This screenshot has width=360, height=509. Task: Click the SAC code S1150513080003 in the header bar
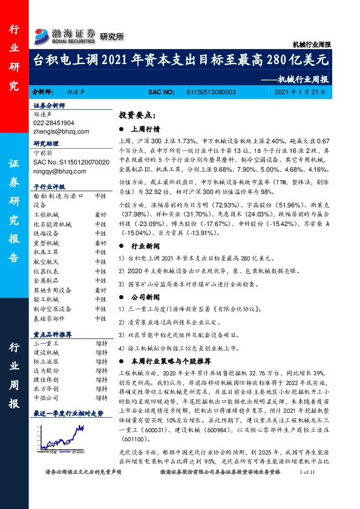point(211,92)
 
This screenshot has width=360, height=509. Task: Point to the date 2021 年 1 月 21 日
point(299,92)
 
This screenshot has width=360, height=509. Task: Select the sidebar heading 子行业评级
point(48,187)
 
